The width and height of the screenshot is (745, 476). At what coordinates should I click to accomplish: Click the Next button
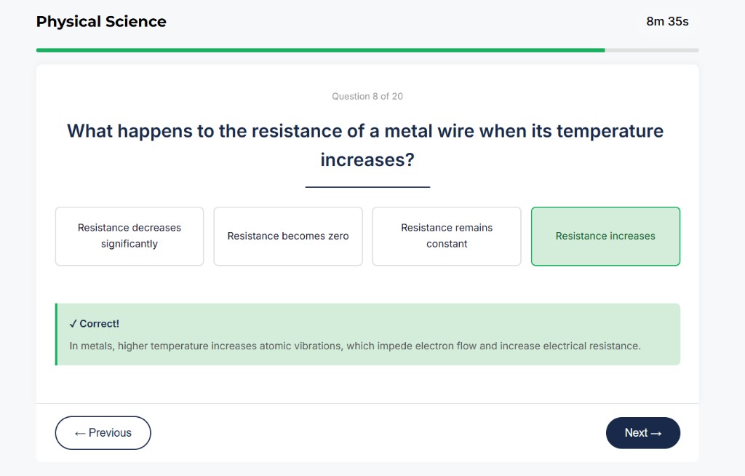pyautogui.click(x=642, y=433)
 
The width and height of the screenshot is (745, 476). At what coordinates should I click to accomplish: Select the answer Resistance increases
pyautogui.click(x=605, y=236)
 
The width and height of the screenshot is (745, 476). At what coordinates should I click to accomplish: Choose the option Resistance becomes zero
pyautogui.click(x=288, y=236)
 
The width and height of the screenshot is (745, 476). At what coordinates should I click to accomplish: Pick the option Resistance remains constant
pyautogui.click(x=447, y=236)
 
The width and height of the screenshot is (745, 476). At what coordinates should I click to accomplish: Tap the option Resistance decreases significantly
pyautogui.click(x=130, y=236)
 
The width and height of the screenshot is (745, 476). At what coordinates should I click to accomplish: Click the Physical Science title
pyautogui.click(x=101, y=22)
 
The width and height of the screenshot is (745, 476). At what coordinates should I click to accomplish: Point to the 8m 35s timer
pyautogui.click(x=667, y=21)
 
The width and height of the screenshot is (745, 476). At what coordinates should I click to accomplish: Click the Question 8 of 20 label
pyautogui.click(x=367, y=96)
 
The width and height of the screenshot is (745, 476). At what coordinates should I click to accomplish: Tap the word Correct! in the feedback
pyautogui.click(x=100, y=324)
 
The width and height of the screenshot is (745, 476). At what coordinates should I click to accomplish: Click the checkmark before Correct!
pyautogui.click(x=73, y=324)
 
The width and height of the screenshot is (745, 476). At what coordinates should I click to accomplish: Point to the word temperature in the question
pyautogui.click(x=610, y=131)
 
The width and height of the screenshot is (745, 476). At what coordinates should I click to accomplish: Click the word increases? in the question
pyautogui.click(x=367, y=159)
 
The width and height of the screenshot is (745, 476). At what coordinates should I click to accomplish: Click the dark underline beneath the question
pyautogui.click(x=367, y=187)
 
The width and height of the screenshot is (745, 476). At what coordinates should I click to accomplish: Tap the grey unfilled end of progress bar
pyautogui.click(x=651, y=50)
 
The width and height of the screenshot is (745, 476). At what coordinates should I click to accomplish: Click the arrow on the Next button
pyautogui.click(x=656, y=433)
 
